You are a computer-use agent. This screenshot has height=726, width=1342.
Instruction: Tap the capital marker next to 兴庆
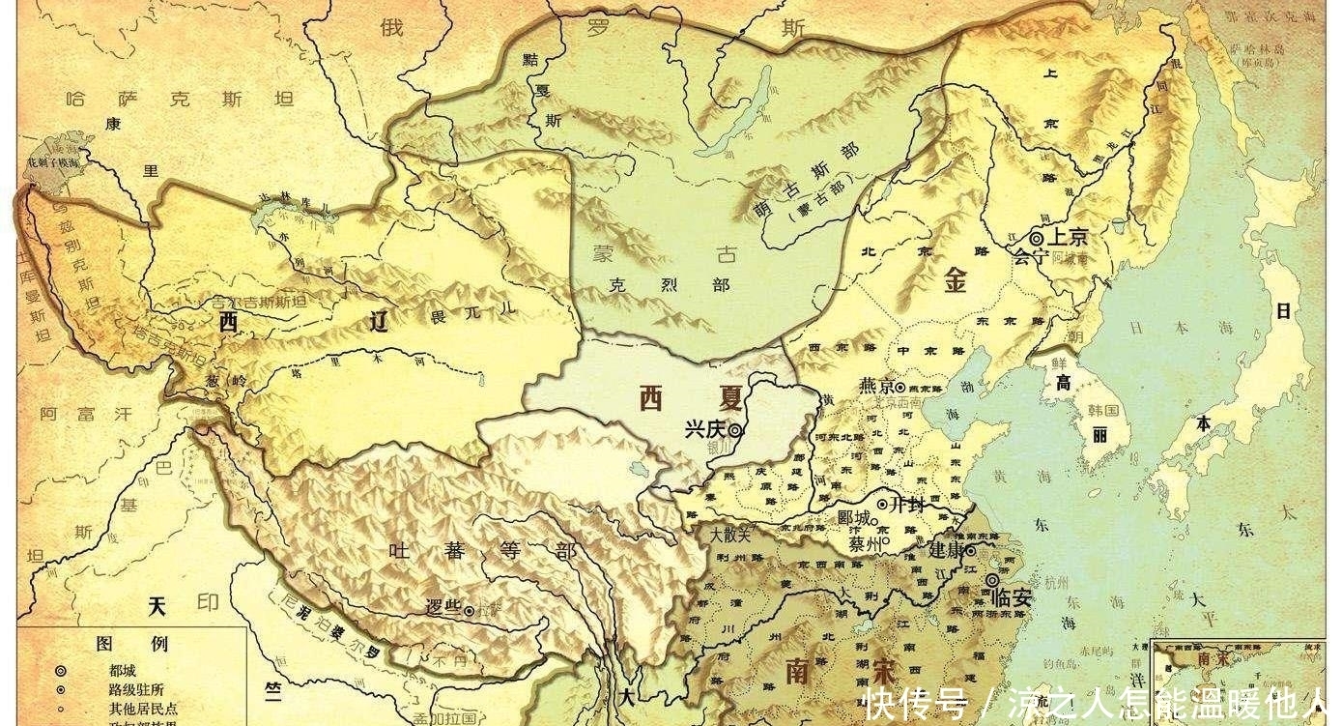click(735, 431)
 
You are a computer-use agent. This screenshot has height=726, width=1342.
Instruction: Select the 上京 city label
click(1070, 237)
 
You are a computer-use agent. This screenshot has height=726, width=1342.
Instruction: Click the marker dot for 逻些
click(469, 611)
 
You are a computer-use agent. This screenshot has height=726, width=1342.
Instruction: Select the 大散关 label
click(729, 534)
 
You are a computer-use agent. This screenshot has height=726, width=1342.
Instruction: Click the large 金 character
click(956, 279)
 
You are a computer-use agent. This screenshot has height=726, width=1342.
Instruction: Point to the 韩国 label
click(1103, 410)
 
